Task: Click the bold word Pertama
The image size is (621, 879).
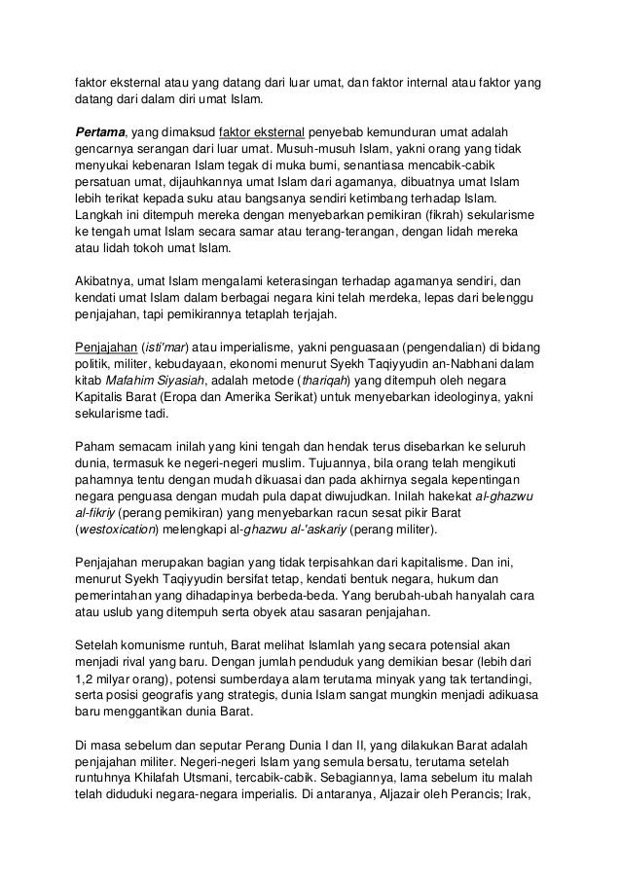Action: (100, 130)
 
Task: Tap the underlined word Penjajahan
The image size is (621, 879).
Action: (107, 347)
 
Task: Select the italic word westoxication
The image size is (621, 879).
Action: (120, 531)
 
